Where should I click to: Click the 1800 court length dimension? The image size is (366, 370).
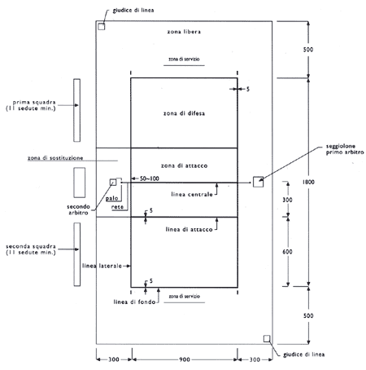point(308,182)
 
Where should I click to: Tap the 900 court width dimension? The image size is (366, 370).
point(185,359)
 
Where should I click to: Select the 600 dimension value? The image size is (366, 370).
point(287,252)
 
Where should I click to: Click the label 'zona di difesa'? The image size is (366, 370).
point(184,113)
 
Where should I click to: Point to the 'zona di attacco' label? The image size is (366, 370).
point(185,165)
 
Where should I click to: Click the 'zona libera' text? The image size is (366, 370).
point(184,32)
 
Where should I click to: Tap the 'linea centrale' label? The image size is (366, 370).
point(192,194)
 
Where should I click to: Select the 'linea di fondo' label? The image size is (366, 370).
point(134,302)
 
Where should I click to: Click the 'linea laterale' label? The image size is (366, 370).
point(102,266)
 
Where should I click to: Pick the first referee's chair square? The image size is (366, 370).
point(258,182)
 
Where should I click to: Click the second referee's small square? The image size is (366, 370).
point(113,183)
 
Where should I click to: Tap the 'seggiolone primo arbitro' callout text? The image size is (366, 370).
point(345,149)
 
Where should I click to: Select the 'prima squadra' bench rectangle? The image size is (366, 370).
point(77,110)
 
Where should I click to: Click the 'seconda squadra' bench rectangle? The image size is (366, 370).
point(77,254)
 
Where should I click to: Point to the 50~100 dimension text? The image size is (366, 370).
point(150,178)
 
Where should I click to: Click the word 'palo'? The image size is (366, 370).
point(112,199)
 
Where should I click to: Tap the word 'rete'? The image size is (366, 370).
point(117,207)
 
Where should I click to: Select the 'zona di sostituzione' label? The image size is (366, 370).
point(55,158)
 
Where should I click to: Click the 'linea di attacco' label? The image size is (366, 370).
point(190,229)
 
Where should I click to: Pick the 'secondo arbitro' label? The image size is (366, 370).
point(78,209)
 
